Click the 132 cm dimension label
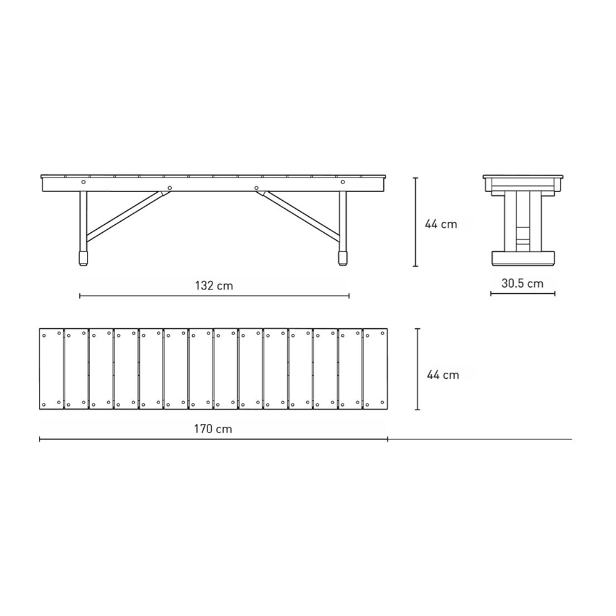click(x=214, y=286)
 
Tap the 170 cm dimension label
click(x=213, y=429)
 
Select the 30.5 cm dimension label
click(x=522, y=283)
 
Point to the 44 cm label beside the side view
click(x=441, y=224)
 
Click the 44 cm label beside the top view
click(x=443, y=375)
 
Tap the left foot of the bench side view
click(x=83, y=258)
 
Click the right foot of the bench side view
click(x=342, y=258)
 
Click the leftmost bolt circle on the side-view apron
click(x=83, y=182)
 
